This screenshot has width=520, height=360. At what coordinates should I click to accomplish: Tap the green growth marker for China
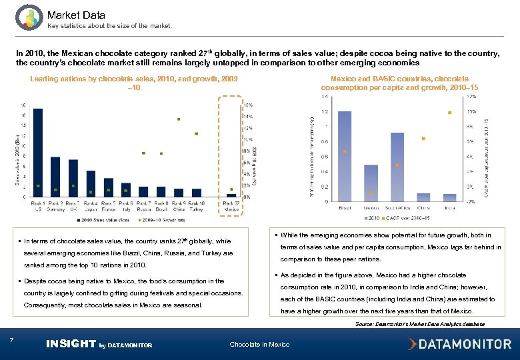[x=179, y=119]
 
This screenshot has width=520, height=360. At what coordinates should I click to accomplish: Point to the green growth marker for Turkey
[x=196, y=133]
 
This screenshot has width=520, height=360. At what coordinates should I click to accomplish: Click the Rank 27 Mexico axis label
[x=231, y=205]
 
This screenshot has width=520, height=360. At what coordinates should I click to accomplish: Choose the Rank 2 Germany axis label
[x=55, y=205]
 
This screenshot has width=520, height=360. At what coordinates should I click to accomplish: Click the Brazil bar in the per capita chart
[x=345, y=156]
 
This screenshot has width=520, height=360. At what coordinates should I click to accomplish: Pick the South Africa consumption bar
[x=397, y=167]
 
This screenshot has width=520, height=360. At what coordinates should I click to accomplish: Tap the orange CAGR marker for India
[x=450, y=113]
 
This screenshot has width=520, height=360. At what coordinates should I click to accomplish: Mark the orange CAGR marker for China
[x=423, y=139]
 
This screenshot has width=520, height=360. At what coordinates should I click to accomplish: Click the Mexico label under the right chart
[x=371, y=207]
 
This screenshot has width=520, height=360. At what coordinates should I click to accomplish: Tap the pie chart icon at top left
[x=29, y=17]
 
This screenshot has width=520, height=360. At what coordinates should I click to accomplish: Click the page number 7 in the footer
[x=12, y=341]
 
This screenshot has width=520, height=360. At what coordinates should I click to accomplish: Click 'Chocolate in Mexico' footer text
[x=259, y=345]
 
